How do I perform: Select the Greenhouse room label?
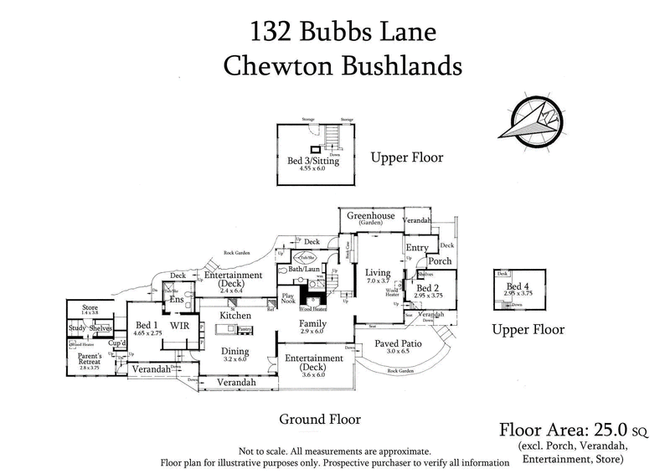coord(372,216)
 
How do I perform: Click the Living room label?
coord(379,272)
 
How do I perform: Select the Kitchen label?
coord(237,314)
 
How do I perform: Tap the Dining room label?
coord(237,351)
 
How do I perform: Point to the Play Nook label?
coord(291,299)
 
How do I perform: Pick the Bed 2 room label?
coord(420,288)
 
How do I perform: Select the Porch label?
coord(440,261)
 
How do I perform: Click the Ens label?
coord(177,299)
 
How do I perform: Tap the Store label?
coord(90,308)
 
